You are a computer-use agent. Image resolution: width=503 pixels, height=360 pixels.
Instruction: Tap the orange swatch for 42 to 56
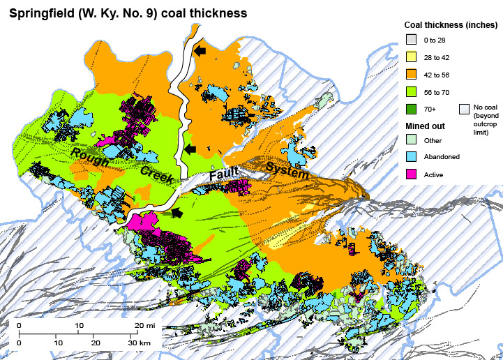pyautogui.click(x=412, y=75)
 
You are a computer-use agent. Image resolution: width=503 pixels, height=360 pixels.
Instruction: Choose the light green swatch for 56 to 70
pyautogui.click(x=412, y=91)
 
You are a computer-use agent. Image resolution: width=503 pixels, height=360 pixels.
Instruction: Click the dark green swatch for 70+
pyautogui.click(x=412, y=108)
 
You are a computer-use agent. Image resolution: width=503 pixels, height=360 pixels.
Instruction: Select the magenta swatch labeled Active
pyautogui.click(x=412, y=174)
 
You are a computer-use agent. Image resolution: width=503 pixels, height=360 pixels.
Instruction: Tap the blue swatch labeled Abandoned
pyautogui.click(x=412, y=157)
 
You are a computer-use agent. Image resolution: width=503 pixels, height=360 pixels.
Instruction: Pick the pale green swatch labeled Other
pyautogui.click(x=412, y=140)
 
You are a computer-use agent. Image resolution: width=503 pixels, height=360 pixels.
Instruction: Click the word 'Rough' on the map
pyautogui.click(x=89, y=158)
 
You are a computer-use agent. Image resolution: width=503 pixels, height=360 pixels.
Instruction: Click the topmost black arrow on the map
pyautogui.click(x=201, y=51)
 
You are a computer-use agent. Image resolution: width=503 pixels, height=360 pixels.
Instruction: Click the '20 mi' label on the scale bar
pyautogui.click(x=144, y=326)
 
